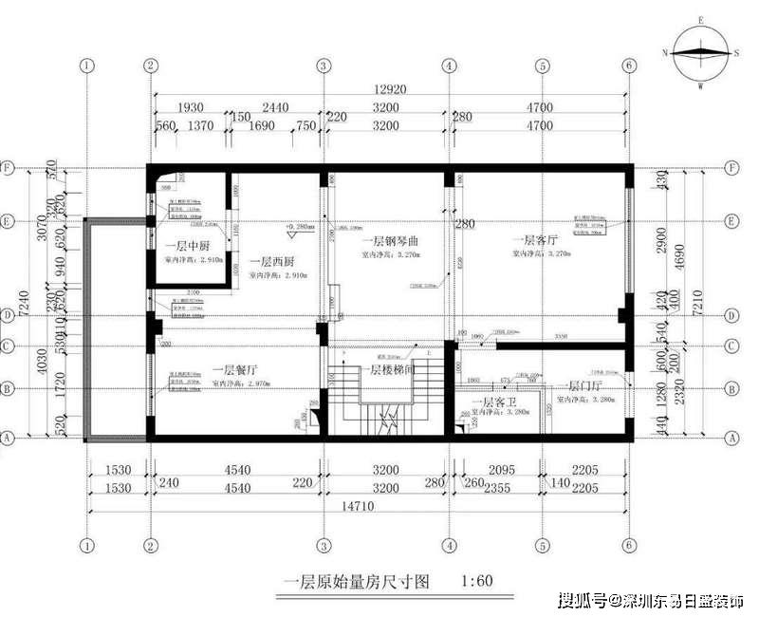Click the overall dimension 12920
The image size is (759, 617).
(388, 89)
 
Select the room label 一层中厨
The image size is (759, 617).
(180, 246)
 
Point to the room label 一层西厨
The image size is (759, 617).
(271, 261)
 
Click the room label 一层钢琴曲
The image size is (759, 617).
(390, 242)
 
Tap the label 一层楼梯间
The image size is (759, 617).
(391, 369)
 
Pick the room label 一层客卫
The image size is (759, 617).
(491, 402)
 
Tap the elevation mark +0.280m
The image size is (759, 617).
(298, 229)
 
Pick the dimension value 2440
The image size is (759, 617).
(274, 108)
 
